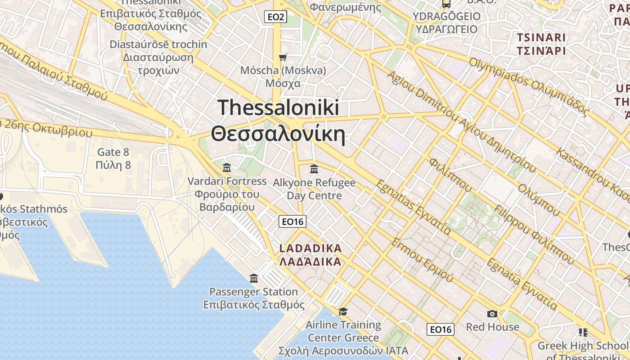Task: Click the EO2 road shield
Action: pos(275,17)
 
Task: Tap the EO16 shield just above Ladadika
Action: pos(292,221)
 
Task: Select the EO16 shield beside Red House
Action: pos(440,329)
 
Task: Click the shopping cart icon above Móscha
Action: pos(283,57)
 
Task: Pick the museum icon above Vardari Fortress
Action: pos(227,168)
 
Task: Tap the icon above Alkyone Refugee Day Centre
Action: pos(314,169)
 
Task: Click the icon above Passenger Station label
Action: pos(254,279)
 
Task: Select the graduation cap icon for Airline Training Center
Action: pos(343,311)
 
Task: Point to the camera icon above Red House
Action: pos(492,314)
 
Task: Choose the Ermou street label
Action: pos(422,260)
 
